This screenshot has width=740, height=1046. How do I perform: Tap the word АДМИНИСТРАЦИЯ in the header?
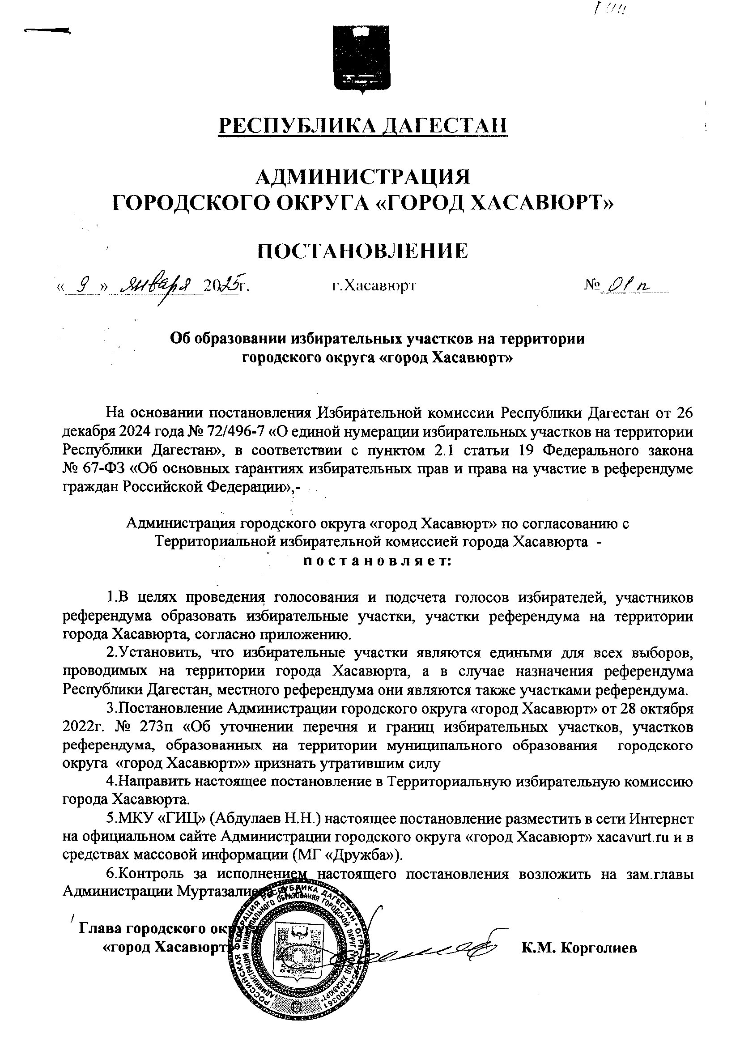(x=363, y=176)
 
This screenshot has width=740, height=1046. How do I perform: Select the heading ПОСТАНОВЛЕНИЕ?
(x=363, y=251)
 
